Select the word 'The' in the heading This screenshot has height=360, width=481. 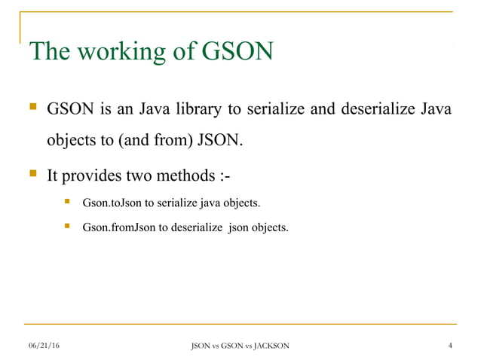point(51,51)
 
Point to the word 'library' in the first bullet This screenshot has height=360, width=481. point(195,110)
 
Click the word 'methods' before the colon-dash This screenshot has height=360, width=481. point(188,176)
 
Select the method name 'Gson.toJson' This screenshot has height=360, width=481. point(108,203)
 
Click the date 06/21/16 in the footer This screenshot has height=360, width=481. point(43,346)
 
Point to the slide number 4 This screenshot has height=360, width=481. point(450,346)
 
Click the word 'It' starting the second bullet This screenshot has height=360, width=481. point(53,176)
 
